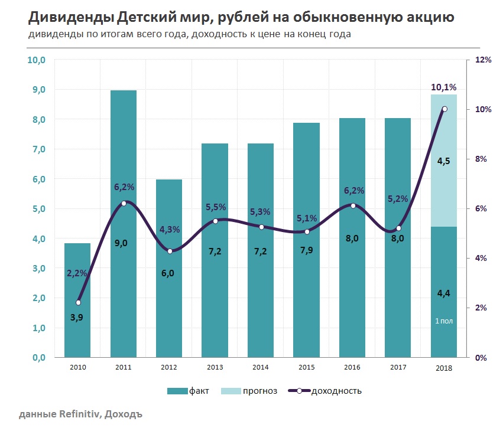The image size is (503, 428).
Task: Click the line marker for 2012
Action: coord(170,251)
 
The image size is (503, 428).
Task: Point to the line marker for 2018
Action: coord(444,109)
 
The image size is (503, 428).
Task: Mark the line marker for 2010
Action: coord(78,303)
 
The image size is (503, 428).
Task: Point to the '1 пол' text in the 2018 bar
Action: coord(444,321)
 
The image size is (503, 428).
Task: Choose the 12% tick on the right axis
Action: coord(483,60)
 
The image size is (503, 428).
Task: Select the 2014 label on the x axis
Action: coord(261,368)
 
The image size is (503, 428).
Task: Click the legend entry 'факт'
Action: coord(187,391)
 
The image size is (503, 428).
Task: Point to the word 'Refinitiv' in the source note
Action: coord(79,414)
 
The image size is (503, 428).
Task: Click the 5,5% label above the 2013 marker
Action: coord(215,207)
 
